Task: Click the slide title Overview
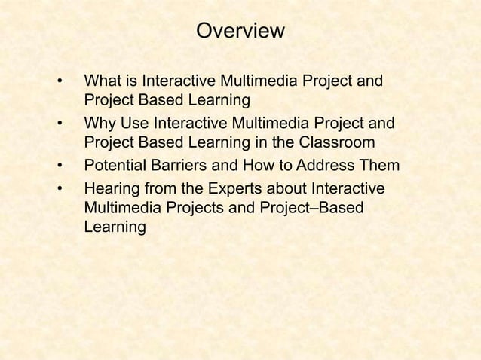pyautogui.click(x=240, y=32)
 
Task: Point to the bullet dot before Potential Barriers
pyautogui.click(x=59, y=166)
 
